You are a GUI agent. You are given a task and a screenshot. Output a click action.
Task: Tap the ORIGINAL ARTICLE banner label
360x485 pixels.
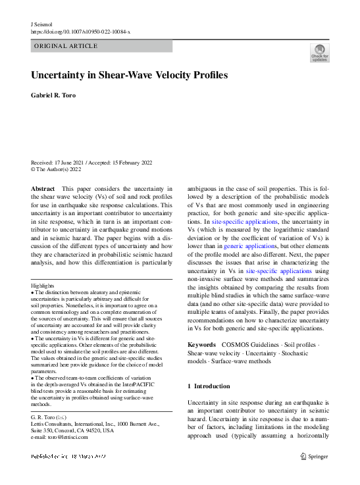pyautogui.click(x=65, y=46)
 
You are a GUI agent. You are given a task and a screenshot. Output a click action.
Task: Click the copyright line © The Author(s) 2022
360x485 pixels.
pyautogui.click(x=56, y=168)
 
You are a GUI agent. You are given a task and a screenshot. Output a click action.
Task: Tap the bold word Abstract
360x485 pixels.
pyautogui.click(x=43, y=188)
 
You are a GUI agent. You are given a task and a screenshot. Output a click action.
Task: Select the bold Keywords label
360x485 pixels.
pyautogui.click(x=201, y=345)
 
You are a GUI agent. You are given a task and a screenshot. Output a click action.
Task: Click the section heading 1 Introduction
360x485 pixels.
pyautogui.click(x=209, y=386)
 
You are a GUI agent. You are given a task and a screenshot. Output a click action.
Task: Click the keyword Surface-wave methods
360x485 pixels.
pyautogui.click(x=241, y=361)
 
